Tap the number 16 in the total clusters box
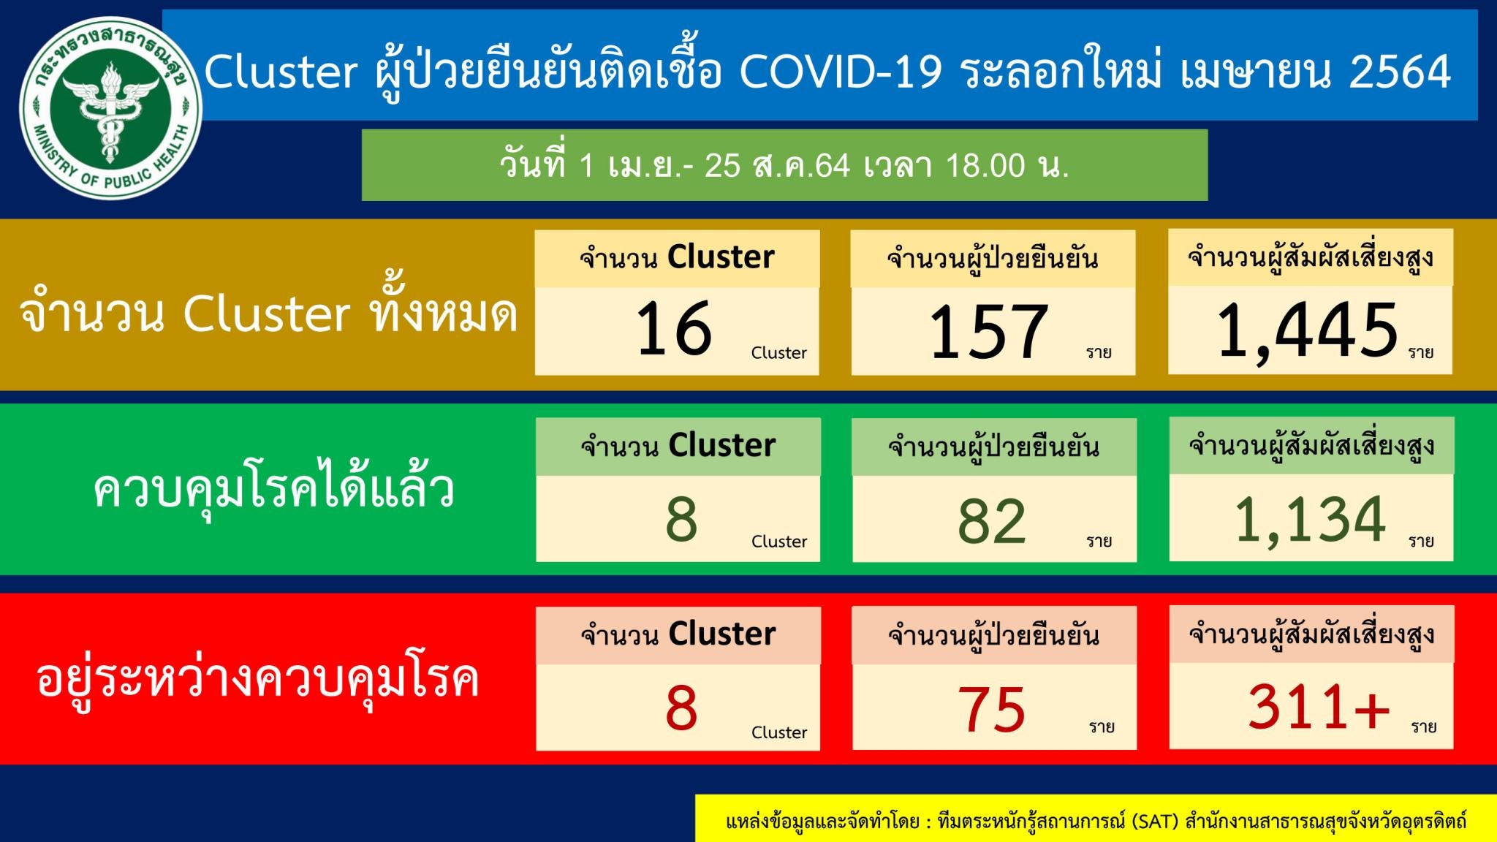674,329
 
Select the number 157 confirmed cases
989,332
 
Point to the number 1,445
1308,331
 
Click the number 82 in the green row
992,521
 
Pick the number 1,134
1310,520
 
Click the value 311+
1319,707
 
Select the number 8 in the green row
681,520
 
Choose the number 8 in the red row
681,708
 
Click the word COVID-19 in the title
841,72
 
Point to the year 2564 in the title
1400,72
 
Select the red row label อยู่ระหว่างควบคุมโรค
257,680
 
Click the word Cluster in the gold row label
267,314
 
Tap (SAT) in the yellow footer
1155,822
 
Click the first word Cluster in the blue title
281,72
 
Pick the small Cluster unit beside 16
779,352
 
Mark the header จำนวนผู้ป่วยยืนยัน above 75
993,635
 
